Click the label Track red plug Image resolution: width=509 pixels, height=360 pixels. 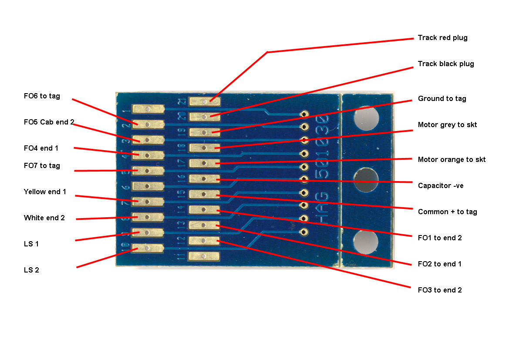click(x=442, y=38)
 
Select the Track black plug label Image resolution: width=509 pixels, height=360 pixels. click(x=446, y=64)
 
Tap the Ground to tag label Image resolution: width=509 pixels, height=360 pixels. click(x=442, y=99)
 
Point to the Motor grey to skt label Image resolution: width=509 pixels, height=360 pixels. click(x=447, y=125)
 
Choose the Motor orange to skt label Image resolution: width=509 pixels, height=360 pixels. click(x=452, y=160)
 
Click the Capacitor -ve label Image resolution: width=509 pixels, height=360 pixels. click(x=441, y=186)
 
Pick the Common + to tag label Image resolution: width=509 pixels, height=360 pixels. click(x=447, y=212)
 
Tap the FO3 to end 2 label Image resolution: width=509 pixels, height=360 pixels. click(x=440, y=290)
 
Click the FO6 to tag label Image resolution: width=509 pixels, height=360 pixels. click(x=42, y=96)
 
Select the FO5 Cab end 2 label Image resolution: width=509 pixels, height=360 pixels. click(x=49, y=122)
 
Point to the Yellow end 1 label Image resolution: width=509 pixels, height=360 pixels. click(x=45, y=192)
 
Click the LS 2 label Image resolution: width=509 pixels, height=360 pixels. click(x=31, y=270)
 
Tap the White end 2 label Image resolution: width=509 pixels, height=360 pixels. click(x=44, y=218)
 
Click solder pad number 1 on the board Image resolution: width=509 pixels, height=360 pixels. click(x=148, y=109)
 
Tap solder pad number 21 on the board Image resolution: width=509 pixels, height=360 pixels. click(x=204, y=101)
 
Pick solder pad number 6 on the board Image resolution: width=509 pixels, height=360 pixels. click(x=148, y=186)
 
